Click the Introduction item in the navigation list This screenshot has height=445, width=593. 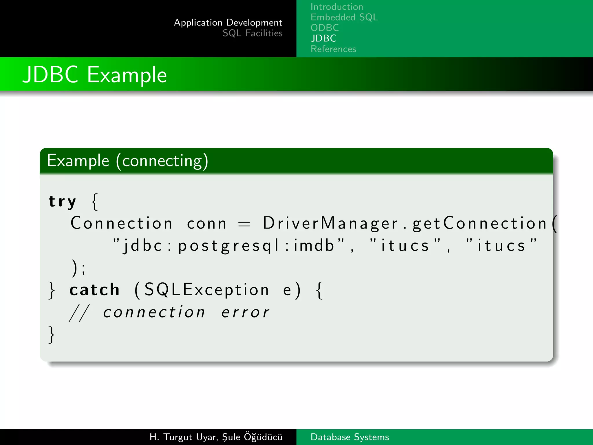(336, 7)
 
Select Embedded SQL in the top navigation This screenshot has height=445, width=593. (344, 17)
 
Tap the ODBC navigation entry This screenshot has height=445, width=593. (325, 28)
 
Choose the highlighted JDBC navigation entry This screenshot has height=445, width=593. (323, 38)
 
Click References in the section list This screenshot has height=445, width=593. (333, 49)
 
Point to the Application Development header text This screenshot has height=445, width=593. (228, 23)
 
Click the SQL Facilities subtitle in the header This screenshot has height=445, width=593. (252, 33)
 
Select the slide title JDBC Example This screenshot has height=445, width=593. (95, 75)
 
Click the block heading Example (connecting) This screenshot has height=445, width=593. (127, 161)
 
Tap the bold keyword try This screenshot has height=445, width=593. (62, 202)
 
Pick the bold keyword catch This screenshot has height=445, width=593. (94, 290)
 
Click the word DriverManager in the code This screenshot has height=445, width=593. (330, 223)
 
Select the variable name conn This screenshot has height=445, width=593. (206, 224)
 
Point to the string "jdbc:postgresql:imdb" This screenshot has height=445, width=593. (228, 246)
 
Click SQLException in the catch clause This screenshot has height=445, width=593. (206, 290)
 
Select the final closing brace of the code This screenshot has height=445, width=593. (52, 335)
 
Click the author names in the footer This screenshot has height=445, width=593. (216, 437)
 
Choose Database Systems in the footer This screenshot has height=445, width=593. (349, 437)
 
